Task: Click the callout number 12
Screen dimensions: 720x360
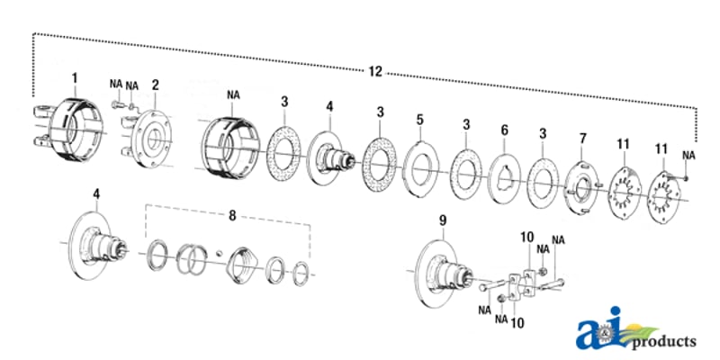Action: [375, 71]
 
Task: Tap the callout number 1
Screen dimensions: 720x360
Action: [75, 78]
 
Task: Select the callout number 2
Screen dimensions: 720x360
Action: [156, 85]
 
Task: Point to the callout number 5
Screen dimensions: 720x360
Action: [419, 121]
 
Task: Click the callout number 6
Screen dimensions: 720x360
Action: [505, 130]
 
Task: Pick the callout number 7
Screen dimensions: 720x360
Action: [582, 138]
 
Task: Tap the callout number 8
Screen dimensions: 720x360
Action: [232, 215]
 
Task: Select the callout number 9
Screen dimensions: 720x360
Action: [442, 220]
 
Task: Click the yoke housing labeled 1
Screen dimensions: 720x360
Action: [69, 130]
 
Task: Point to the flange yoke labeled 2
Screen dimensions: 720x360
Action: [147, 139]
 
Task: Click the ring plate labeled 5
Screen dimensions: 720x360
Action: [421, 169]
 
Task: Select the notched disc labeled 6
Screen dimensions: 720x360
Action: [504, 178]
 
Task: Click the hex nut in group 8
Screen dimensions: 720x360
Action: [243, 263]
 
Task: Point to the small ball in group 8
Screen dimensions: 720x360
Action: [220, 253]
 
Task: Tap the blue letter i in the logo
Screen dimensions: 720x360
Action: [615, 328]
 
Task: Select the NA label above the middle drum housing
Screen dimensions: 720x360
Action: [233, 95]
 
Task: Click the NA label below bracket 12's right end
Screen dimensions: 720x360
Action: [688, 155]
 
